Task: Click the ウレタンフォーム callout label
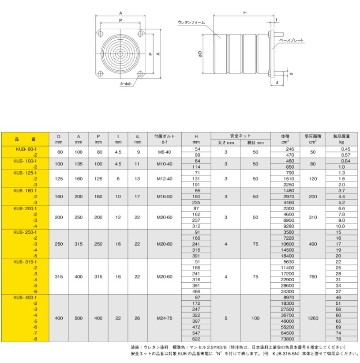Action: pos(191,23)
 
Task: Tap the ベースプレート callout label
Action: pos(291,40)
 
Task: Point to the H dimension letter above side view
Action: pos(244,13)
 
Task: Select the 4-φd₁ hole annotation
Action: pos(126,83)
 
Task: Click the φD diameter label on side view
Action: pos(200,54)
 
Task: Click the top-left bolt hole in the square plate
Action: pos(100,34)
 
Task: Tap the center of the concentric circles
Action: pos(120,54)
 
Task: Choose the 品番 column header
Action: pos(25,139)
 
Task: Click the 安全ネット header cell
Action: pos(240,136)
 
